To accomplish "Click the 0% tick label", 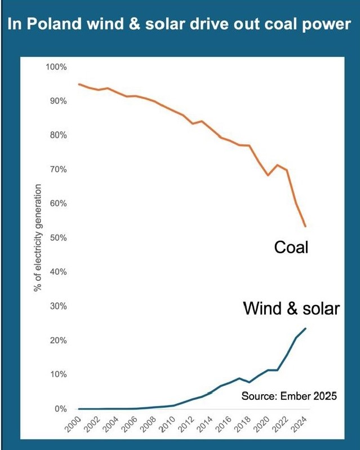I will pyautogui.click(x=61, y=409).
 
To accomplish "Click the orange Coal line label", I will pyautogui.click(x=291, y=247).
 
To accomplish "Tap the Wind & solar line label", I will pyautogui.click(x=291, y=309).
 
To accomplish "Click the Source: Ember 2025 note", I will pyautogui.click(x=289, y=396).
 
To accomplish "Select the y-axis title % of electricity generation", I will pyautogui.click(x=39, y=237).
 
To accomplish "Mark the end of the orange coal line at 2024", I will pyautogui.click(x=305, y=226).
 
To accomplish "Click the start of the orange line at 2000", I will pyautogui.click(x=79, y=84).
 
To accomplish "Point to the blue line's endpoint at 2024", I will pyautogui.click(x=305, y=328).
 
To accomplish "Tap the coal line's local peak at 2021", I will pyautogui.click(x=277, y=165).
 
